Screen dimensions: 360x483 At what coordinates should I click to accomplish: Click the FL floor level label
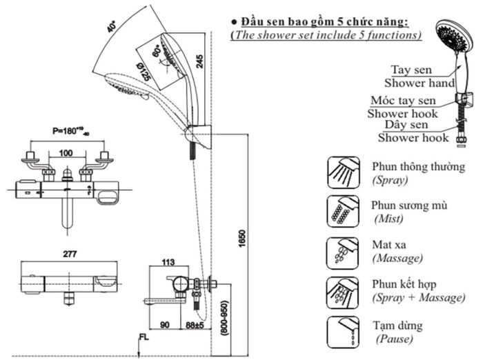(x=143, y=337)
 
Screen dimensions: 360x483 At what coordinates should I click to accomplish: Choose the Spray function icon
(x=343, y=172)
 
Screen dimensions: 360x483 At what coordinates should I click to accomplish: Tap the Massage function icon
(x=343, y=252)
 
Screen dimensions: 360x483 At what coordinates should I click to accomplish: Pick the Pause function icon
(x=343, y=333)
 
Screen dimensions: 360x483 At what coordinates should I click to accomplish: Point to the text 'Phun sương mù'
(x=409, y=206)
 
